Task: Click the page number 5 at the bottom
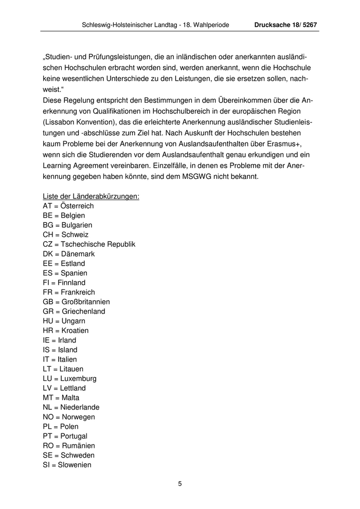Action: point(180,483)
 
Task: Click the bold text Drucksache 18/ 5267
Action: point(286,25)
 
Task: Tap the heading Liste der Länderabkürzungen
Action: point(91,196)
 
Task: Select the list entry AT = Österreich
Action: point(68,206)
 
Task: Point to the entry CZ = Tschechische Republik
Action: point(89,244)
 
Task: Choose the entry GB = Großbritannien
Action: point(76,302)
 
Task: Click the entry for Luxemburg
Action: point(69,378)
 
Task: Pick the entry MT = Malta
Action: point(61,397)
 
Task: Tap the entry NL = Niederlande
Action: point(71,407)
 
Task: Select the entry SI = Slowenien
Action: point(67,465)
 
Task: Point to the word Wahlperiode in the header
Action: point(209,25)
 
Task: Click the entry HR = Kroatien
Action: point(66,331)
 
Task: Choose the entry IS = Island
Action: point(60,350)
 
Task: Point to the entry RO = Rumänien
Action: point(69,446)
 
